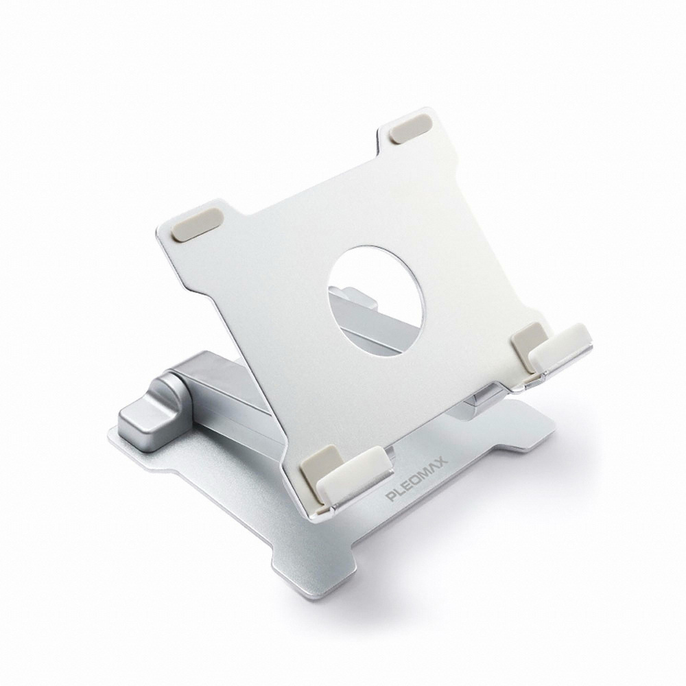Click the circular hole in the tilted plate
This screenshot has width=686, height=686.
(x=376, y=300)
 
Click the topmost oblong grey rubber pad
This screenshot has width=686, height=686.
(x=411, y=130)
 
